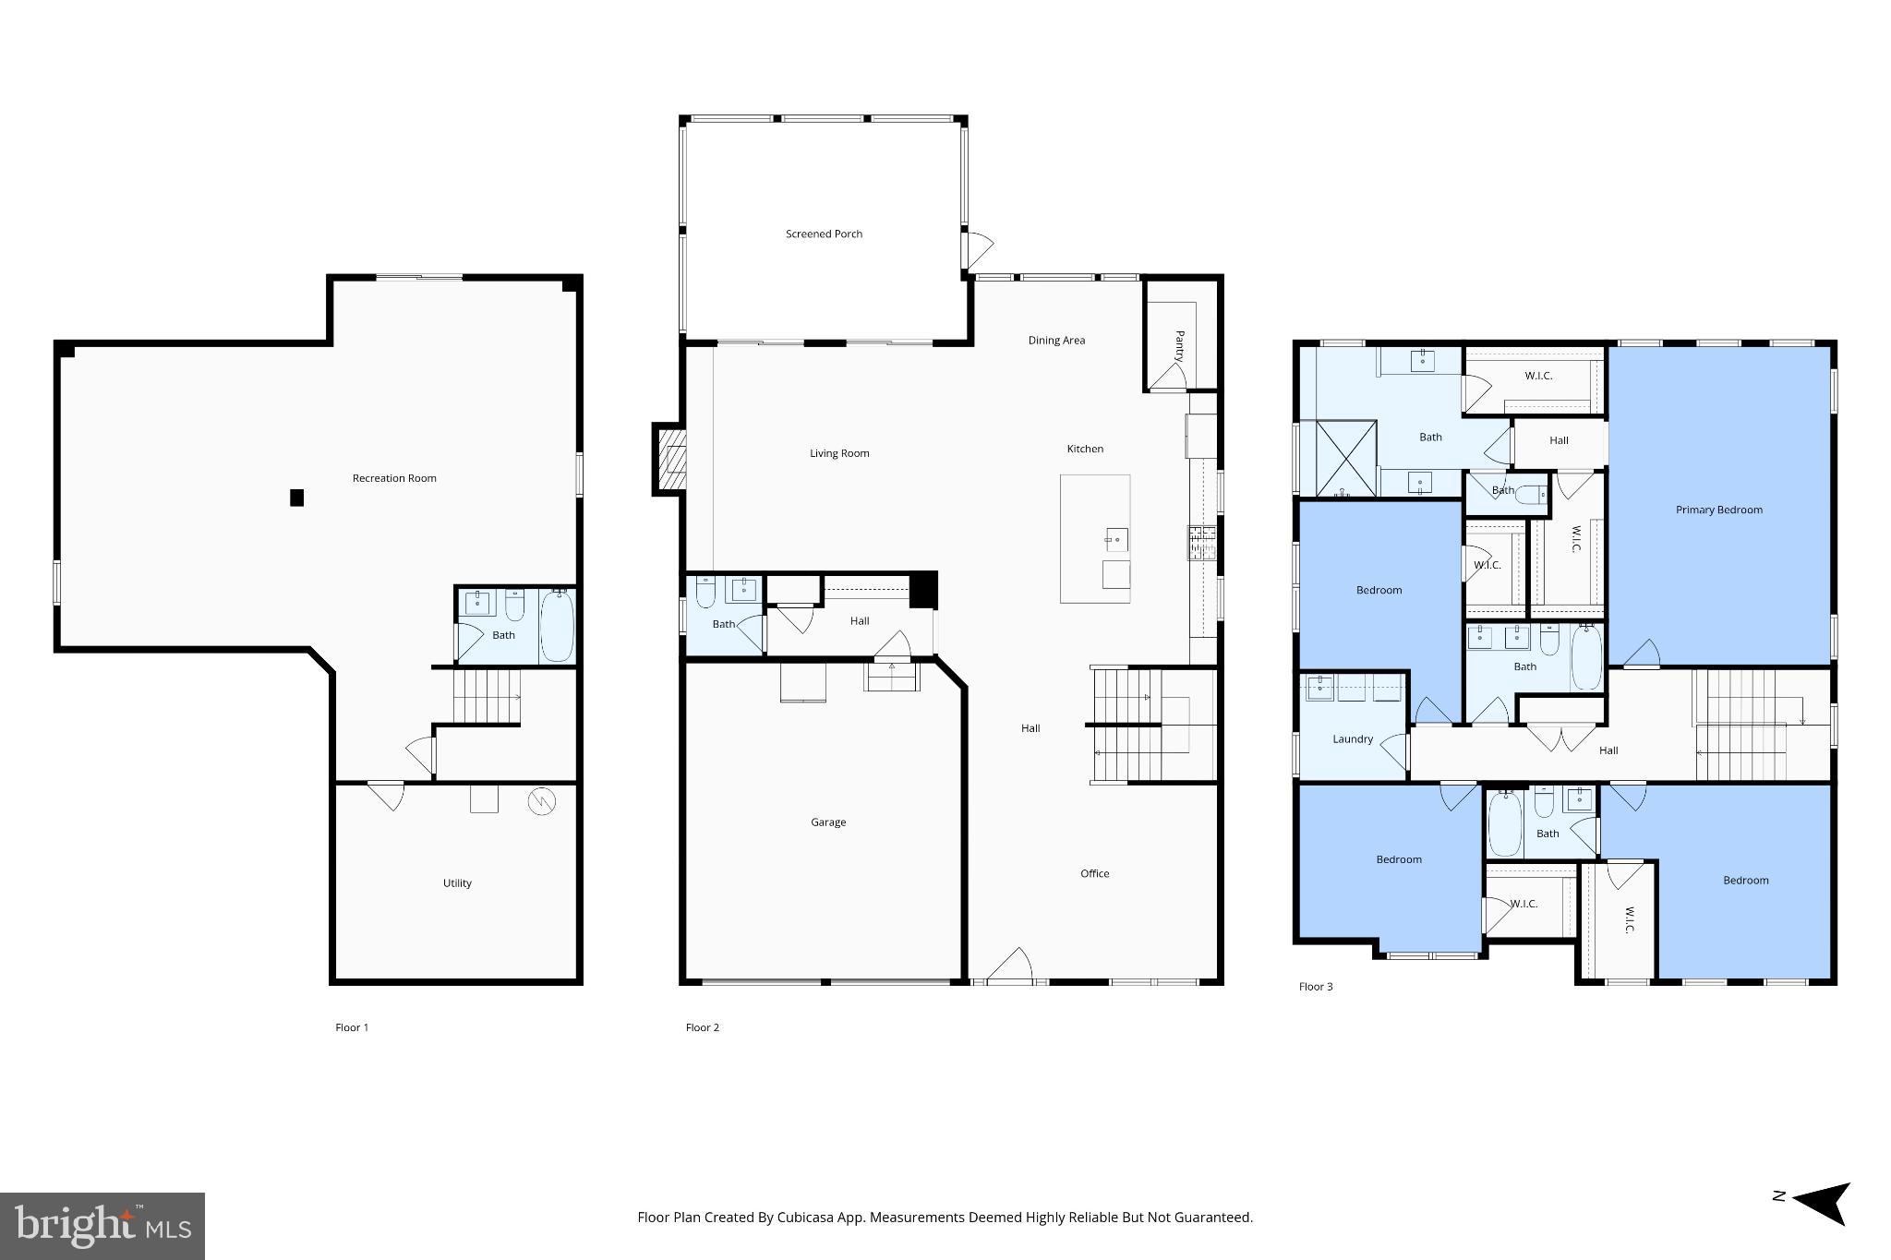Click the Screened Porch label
click(824, 234)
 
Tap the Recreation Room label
click(394, 478)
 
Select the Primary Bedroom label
click(1718, 510)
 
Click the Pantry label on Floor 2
click(1179, 345)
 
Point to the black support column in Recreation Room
click(296, 498)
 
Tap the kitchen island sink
click(1116, 539)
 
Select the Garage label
click(828, 822)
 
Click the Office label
click(1095, 873)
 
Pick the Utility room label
click(457, 883)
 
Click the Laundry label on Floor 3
click(1353, 739)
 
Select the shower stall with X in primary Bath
click(1346, 458)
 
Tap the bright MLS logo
click(102, 1226)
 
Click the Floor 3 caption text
click(1316, 987)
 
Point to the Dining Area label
click(1056, 341)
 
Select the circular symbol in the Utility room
click(541, 801)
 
